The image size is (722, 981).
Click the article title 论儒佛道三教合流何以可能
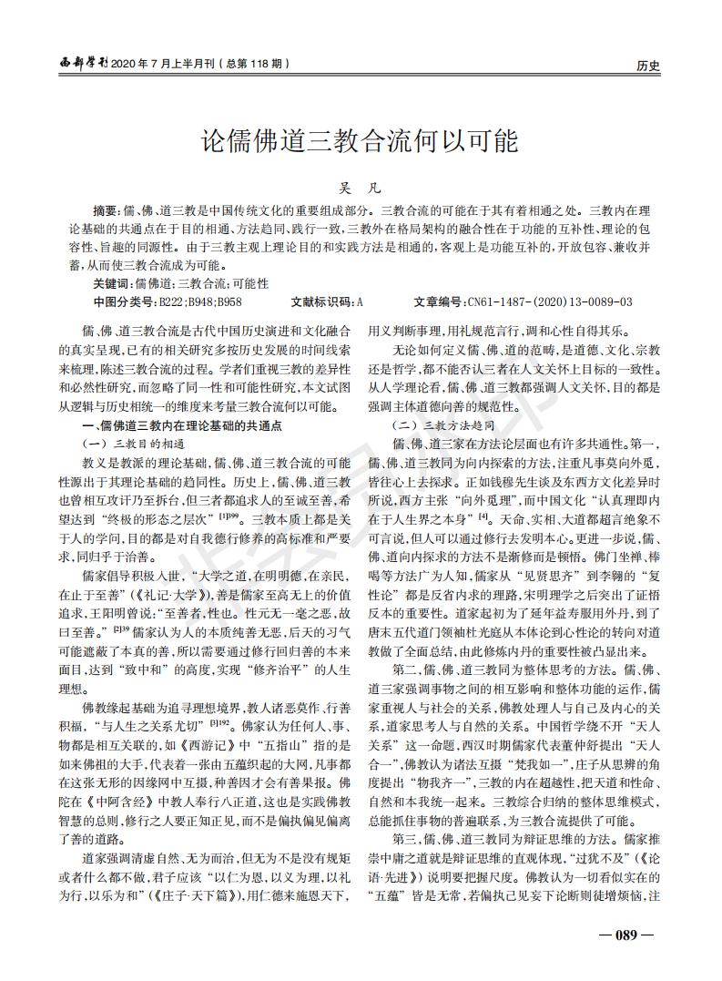(360, 142)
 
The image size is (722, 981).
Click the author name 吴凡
(360, 188)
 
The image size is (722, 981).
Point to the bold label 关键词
(111, 284)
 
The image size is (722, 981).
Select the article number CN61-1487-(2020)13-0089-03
(549, 301)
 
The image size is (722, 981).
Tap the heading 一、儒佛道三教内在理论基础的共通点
(183, 425)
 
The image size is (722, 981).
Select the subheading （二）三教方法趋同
(442, 425)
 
